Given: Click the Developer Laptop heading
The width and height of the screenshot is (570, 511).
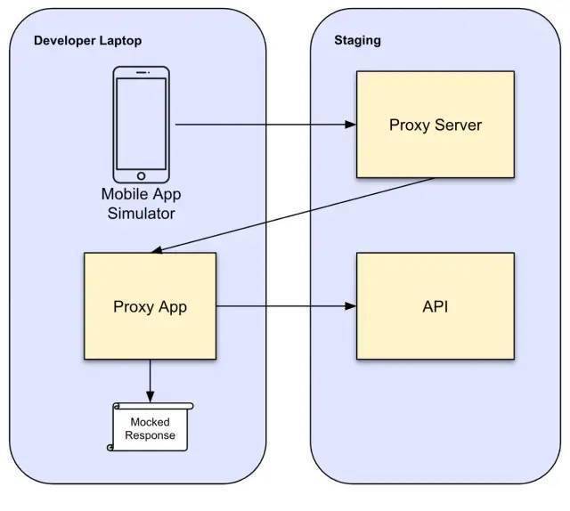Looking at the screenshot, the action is click(87, 41).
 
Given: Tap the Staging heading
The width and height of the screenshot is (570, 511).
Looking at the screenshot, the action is click(357, 40).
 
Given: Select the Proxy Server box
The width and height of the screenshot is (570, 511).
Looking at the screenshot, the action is click(436, 125).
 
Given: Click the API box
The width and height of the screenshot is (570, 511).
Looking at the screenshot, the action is click(436, 306).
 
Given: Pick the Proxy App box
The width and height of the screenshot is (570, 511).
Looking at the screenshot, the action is click(150, 306).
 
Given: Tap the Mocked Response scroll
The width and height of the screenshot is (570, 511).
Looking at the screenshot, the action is click(150, 426).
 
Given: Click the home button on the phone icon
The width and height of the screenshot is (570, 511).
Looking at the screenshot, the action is click(141, 176).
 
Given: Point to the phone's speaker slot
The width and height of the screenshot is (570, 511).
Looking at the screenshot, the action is click(142, 73).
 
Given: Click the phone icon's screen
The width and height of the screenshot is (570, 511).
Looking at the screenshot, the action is click(141, 124).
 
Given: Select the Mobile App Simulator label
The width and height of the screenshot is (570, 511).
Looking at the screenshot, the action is click(141, 204).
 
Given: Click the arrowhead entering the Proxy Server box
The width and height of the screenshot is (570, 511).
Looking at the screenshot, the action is click(350, 125).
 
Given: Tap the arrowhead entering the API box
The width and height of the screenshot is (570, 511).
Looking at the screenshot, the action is click(350, 306).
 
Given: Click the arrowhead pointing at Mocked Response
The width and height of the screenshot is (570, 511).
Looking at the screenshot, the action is click(151, 396).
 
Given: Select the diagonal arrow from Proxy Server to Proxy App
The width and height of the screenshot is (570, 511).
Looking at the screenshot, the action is click(293, 215).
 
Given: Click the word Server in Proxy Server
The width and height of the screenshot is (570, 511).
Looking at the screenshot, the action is click(458, 125).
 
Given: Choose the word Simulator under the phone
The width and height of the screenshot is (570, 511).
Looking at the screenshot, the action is click(141, 214).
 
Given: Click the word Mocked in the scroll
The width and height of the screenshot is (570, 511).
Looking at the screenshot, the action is click(150, 422).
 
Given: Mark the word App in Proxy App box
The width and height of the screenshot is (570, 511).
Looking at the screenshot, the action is click(173, 307).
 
